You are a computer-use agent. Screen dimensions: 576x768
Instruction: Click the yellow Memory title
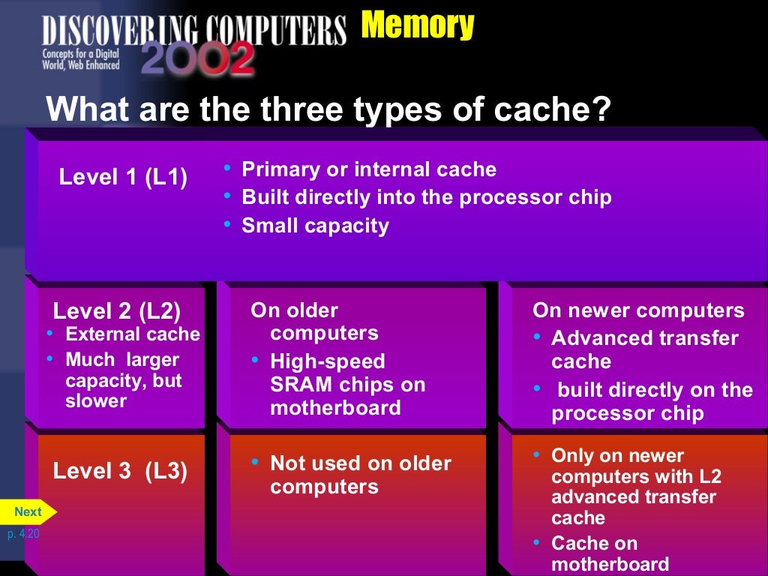[417, 25]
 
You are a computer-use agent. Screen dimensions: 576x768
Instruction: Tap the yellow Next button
[28, 511]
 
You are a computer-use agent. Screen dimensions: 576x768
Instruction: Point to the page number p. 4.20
[22, 534]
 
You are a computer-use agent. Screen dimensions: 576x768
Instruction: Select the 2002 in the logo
[197, 58]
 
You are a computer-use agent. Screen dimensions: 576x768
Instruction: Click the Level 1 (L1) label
[123, 178]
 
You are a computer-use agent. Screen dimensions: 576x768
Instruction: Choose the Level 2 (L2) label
[117, 310]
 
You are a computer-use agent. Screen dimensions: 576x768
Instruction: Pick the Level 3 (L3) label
[120, 471]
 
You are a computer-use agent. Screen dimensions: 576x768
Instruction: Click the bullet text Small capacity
[315, 226]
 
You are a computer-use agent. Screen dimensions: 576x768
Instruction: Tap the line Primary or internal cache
[368, 169]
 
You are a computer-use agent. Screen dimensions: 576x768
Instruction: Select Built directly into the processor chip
[426, 197]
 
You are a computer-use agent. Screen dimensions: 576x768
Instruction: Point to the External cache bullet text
[133, 334]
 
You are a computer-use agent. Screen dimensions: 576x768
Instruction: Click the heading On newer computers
[638, 310]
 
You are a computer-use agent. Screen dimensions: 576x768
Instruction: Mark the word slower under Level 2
[96, 401]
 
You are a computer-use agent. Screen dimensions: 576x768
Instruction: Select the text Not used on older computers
[360, 475]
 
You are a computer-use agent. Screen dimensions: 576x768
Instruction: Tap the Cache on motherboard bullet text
[610, 553]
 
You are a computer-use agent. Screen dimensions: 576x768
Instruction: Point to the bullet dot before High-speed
[256, 361]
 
